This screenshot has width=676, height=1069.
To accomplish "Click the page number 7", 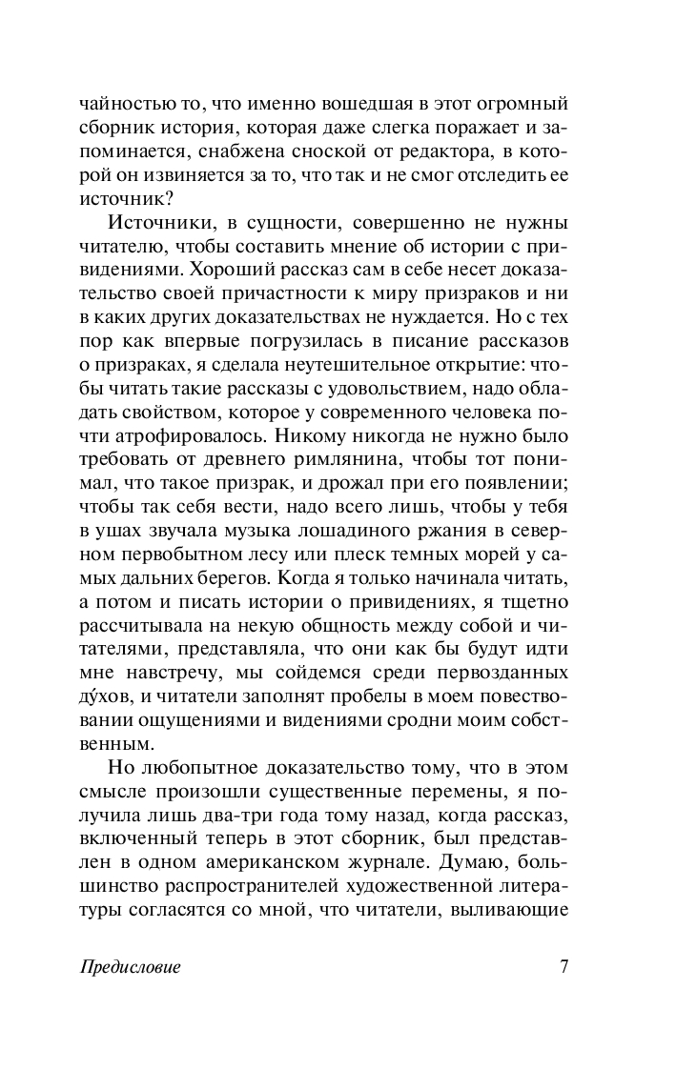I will pos(563,966).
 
